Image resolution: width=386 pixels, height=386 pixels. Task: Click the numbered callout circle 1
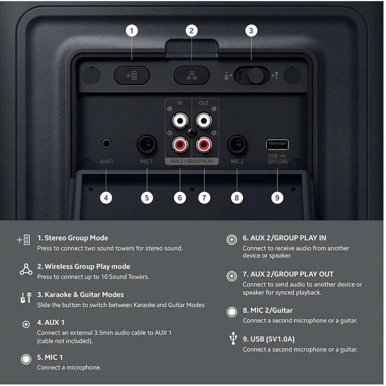click(132, 31)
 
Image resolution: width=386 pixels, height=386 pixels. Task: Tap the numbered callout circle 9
click(277, 198)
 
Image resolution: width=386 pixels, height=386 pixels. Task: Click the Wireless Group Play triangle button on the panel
click(192, 76)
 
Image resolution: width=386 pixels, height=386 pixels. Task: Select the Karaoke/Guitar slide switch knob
click(256, 75)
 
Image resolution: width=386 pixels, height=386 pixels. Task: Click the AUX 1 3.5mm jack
click(107, 144)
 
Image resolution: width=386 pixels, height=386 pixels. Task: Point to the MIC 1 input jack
click(147, 144)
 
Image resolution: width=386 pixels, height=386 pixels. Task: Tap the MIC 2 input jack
click(237, 144)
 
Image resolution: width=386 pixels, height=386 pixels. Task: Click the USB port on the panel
click(277, 145)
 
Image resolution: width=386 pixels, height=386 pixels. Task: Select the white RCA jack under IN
click(180, 120)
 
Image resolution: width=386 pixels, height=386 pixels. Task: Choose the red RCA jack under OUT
click(204, 145)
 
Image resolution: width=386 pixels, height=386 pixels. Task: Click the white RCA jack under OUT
click(204, 120)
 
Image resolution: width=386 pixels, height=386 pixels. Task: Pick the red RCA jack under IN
click(180, 145)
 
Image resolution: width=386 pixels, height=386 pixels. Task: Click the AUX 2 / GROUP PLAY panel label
click(192, 161)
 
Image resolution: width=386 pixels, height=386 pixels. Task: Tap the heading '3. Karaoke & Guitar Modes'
click(80, 295)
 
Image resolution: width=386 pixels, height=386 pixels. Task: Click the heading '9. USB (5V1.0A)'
click(269, 339)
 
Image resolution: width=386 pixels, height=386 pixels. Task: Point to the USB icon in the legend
click(233, 338)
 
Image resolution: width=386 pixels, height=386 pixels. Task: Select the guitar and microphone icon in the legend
click(26, 297)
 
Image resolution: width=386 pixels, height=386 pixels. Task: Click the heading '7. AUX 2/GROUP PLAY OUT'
click(288, 274)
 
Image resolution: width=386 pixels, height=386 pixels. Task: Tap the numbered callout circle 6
click(180, 198)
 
